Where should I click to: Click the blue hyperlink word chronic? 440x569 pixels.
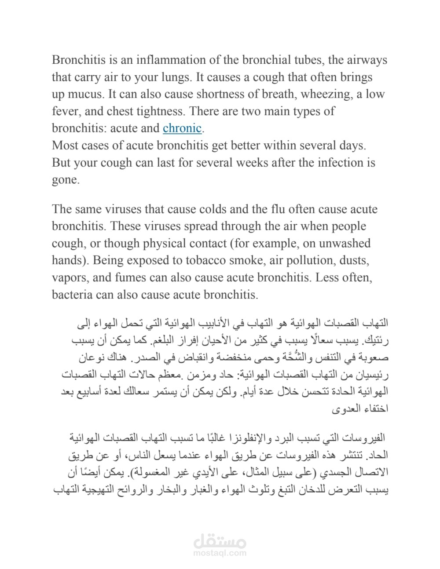182,128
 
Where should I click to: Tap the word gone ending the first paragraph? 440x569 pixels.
65,180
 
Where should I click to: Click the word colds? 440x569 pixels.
231,209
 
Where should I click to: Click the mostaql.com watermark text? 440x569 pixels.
220,553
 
